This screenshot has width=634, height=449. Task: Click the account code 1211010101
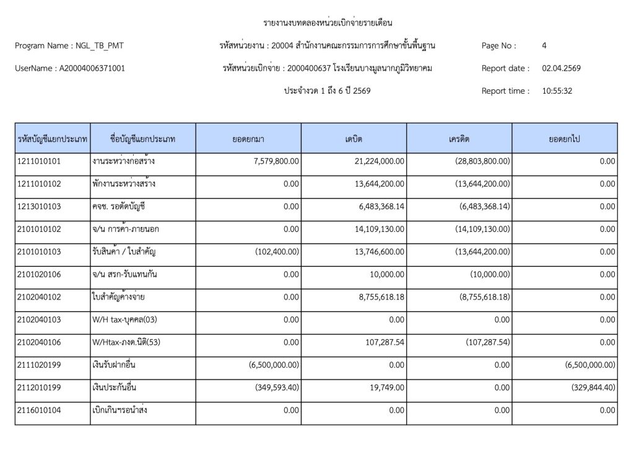[40, 161]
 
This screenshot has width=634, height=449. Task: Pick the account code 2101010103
[40, 252]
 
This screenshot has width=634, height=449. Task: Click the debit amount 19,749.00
[387, 388]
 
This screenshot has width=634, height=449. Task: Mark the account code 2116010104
[40, 410]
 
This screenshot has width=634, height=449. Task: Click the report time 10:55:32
[557, 91]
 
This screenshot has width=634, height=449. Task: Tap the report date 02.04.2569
[562, 68]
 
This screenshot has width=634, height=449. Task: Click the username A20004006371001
[92, 68]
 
